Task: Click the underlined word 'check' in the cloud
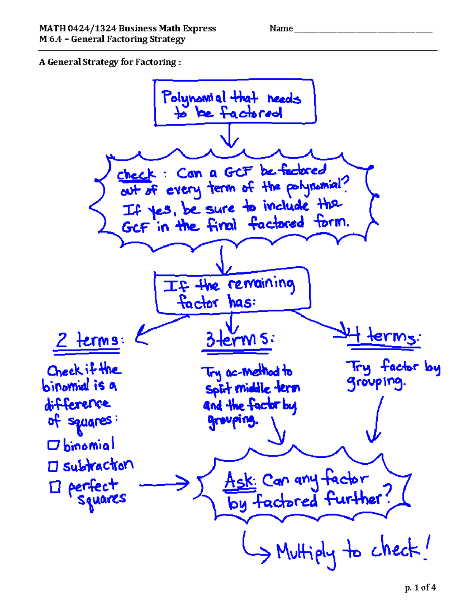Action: (135, 174)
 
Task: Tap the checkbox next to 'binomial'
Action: (53, 445)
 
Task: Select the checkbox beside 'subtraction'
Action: (53, 466)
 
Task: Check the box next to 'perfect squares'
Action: (55, 487)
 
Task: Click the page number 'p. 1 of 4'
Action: (420, 588)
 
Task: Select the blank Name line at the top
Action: (363, 29)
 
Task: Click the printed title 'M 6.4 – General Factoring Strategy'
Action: (112, 39)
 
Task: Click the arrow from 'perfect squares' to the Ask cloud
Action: (165, 484)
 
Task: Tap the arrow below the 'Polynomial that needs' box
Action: (230, 136)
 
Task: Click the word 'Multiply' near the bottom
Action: (305, 552)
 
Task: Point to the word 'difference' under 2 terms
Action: (77, 404)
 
